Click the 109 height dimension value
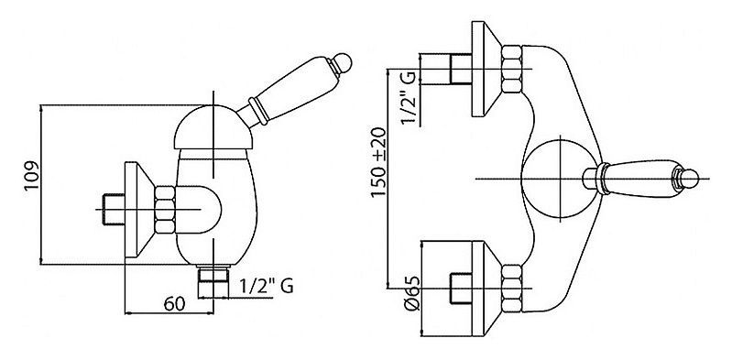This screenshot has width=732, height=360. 32,175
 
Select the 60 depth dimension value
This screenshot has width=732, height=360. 174,304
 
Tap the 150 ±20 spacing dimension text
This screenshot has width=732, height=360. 379,162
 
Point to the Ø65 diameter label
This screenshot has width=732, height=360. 412,293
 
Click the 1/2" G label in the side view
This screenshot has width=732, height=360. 267,286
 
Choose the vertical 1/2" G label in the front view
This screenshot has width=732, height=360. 408,97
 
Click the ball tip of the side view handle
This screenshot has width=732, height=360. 343,62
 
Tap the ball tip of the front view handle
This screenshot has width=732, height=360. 689,179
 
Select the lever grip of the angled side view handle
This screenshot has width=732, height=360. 290,89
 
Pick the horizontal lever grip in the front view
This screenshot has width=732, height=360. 640,179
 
